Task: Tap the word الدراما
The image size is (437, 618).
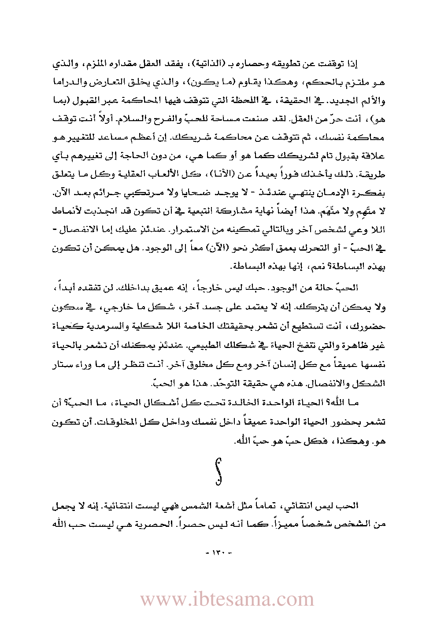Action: coord(68,82)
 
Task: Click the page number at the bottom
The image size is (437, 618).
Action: coord(219,552)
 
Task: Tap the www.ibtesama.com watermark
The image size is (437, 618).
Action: coord(227,599)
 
